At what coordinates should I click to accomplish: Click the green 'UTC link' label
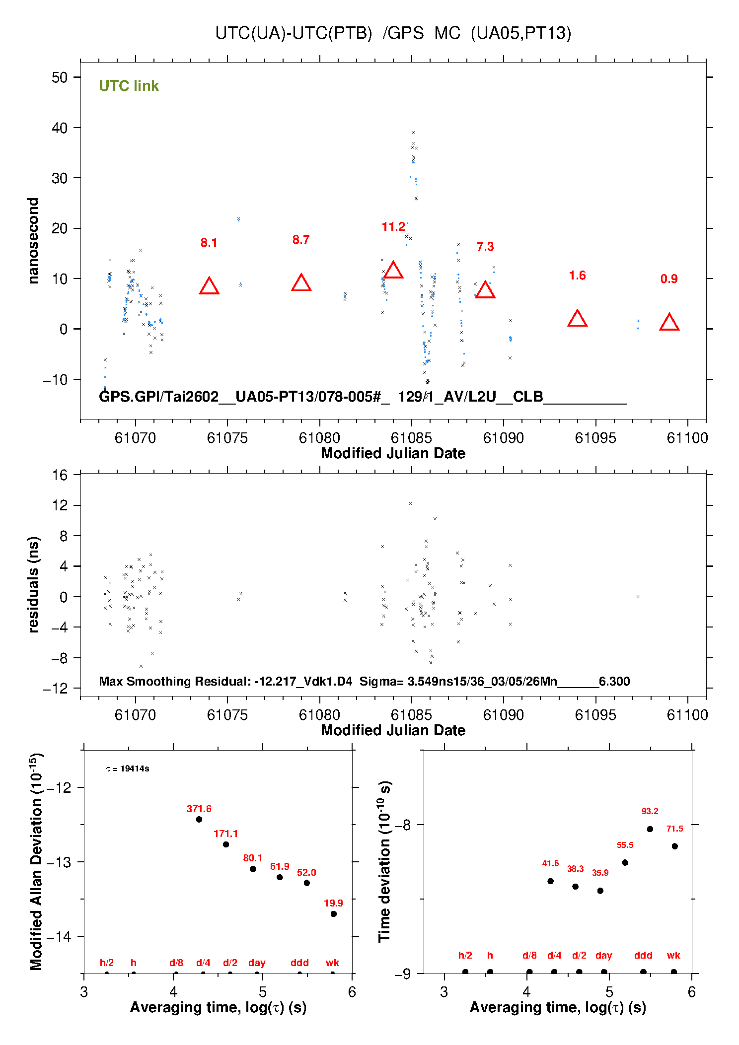click(x=129, y=86)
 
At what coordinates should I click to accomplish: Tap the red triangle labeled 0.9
click(x=669, y=323)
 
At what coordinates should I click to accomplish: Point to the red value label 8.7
click(x=301, y=240)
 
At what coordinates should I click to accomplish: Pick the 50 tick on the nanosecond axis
click(x=60, y=77)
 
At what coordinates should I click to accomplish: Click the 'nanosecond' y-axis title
click(x=33, y=241)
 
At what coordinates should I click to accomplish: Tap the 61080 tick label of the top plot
click(x=319, y=438)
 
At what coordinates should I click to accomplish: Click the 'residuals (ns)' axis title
click(x=33, y=584)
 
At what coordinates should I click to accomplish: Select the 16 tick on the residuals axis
click(x=60, y=475)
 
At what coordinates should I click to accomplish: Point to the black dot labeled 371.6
click(x=199, y=819)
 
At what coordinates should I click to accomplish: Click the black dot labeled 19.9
click(x=334, y=914)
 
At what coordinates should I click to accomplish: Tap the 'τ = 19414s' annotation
click(x=128, y=768)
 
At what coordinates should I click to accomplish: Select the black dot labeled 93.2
click(x=650, y=829)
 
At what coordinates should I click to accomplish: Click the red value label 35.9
click(x=600, y=873)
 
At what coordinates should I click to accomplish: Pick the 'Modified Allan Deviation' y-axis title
click(x=36, y=861)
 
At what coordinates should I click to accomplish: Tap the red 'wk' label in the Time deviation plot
click(x=673, y=955)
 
